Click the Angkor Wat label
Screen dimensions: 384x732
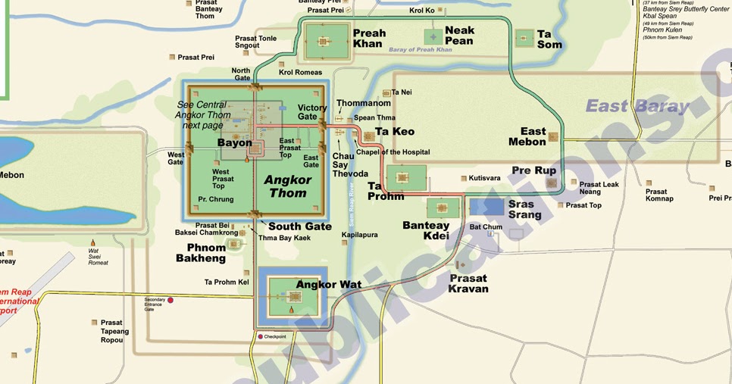click(328, 285)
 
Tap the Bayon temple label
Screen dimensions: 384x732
click(234, 142)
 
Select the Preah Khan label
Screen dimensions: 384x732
click(369, 38)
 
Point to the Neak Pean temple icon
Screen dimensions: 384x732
click(433, 36)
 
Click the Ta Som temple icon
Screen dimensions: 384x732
click(524, 38)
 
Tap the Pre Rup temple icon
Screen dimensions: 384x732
click(552, 183)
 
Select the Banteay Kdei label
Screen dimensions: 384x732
click(426, 230)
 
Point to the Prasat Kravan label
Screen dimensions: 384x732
click(468, 283)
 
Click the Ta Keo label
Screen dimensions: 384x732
click(394, 132)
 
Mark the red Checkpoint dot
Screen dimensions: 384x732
click(260, 336)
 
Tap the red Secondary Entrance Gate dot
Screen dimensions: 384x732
click(170, 301)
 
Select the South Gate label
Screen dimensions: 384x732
click(300, 226)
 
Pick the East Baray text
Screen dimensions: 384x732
click(638, 106)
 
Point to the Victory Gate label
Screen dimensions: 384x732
click(312, 112)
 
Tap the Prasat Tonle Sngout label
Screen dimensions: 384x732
click(256, 42)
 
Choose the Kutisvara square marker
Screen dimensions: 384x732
click(463, 179)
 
